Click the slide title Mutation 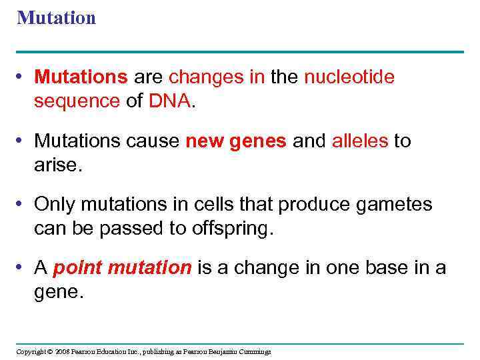(x=57, y=18)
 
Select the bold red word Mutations (x=81, y=78)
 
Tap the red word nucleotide (x=349, y=78)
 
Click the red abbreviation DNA (x=171, y=101)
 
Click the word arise (x=57, y=164)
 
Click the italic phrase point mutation (x=122, y=268)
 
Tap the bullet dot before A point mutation (x=23, y=268)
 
